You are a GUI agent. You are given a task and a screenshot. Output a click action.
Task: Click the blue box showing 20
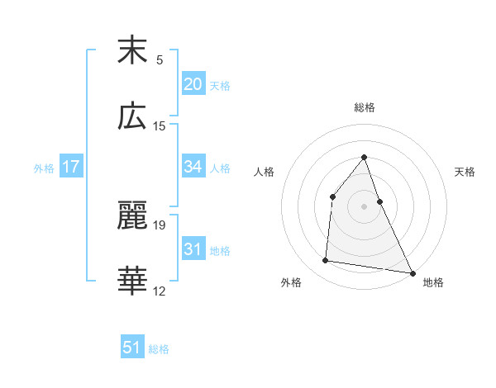pyautogui.click(x=193, y=84)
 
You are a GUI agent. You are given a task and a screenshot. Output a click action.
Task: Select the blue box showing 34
pyautogui.click(x=193, y=167)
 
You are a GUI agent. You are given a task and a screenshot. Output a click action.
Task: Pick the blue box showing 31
pyautogui.click(x=193, y=249)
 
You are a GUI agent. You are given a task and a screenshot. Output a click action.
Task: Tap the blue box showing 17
pyautogui.click(x=71, y=167)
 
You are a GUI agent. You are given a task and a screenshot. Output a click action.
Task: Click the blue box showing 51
pyautogui.click(x=132, y=348)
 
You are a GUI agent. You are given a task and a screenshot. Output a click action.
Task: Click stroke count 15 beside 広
pyautogui.click(x=160, y=125)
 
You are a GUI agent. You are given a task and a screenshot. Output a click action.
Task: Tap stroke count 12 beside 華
pyautogui.click(x=160, y=291)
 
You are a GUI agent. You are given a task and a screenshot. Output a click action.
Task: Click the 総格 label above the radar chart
pyautogui.click(x=365, y=107)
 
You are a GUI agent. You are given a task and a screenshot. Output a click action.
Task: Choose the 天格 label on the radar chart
pyautogui.click(x=465, y=172)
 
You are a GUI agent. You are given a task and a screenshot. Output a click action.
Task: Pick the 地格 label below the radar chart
pyautogui.click(x=433, y=282)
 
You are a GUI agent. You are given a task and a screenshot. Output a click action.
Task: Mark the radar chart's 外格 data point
pyautogui.click(x=326, y=261)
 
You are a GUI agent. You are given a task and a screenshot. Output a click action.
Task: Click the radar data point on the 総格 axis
pyautogui.click(x=365, y=157)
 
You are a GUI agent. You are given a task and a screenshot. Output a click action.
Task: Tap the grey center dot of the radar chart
pyautogui.click(x=365, y=206)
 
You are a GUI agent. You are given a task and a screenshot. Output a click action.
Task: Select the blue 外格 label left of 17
pyautogui.click(x=44, y=168)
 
